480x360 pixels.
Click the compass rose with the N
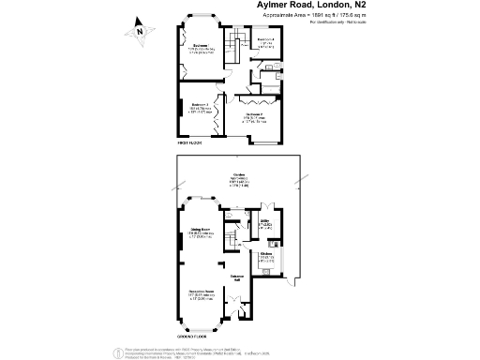tap(140, 30)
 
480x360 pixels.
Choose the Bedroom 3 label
tap(200, 106)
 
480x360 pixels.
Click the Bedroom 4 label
tap(265, 40)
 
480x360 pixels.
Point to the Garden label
tap(240, 199)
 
